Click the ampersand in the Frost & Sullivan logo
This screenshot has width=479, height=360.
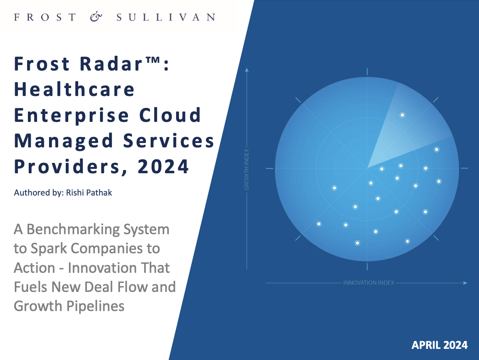click(x=96, y=17)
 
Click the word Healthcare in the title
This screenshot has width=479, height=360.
click(x=75, y=89)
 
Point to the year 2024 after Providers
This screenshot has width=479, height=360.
click(x=163, y=166)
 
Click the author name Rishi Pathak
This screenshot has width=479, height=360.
click(x=89, y=193)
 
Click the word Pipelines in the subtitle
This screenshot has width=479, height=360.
click(x=95, y=306)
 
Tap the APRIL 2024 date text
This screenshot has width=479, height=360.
click(x=440, y=345)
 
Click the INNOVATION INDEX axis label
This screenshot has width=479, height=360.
click(x=369, y=283)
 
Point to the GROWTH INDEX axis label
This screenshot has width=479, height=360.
click(x=247, y=169)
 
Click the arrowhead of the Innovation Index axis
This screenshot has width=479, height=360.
click(x=465, y=283)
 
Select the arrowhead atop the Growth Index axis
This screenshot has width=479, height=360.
click(x=247, y=70)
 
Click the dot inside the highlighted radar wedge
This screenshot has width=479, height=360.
click(x=402, y=115)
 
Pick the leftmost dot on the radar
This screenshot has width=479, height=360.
click(x=319, y=224)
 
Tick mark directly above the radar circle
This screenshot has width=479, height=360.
click(x=367, y=72)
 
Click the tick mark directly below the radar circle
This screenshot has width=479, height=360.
click(x=367, y=267)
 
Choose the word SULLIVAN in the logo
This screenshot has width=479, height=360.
click(x=166, y=17)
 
